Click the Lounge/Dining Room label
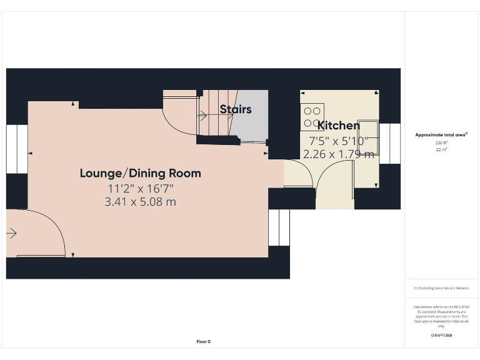[140, 173]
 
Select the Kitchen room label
[339, 126]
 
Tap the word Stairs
[236, 109]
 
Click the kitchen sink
[367, 134]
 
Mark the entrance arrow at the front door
[12, 234]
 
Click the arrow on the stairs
[203, 115]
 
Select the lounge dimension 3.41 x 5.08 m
[141, 202]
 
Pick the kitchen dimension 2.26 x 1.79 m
[339, 153]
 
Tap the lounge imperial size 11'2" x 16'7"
[141, 188]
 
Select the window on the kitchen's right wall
[389, 143]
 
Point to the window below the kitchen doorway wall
[279, 227]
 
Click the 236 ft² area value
[441, 143]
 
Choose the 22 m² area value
[441, 150]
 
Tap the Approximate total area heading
[441, 134]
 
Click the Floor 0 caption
[204, 341]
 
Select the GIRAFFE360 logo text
[441, 336]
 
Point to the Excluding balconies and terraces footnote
[441, 288]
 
